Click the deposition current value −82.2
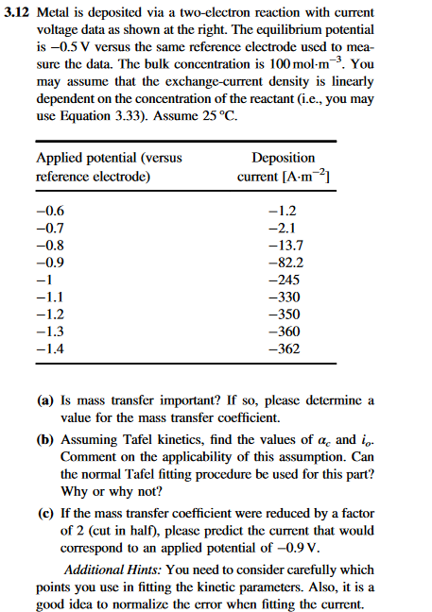[285, 263]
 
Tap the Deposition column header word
[285, 158]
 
